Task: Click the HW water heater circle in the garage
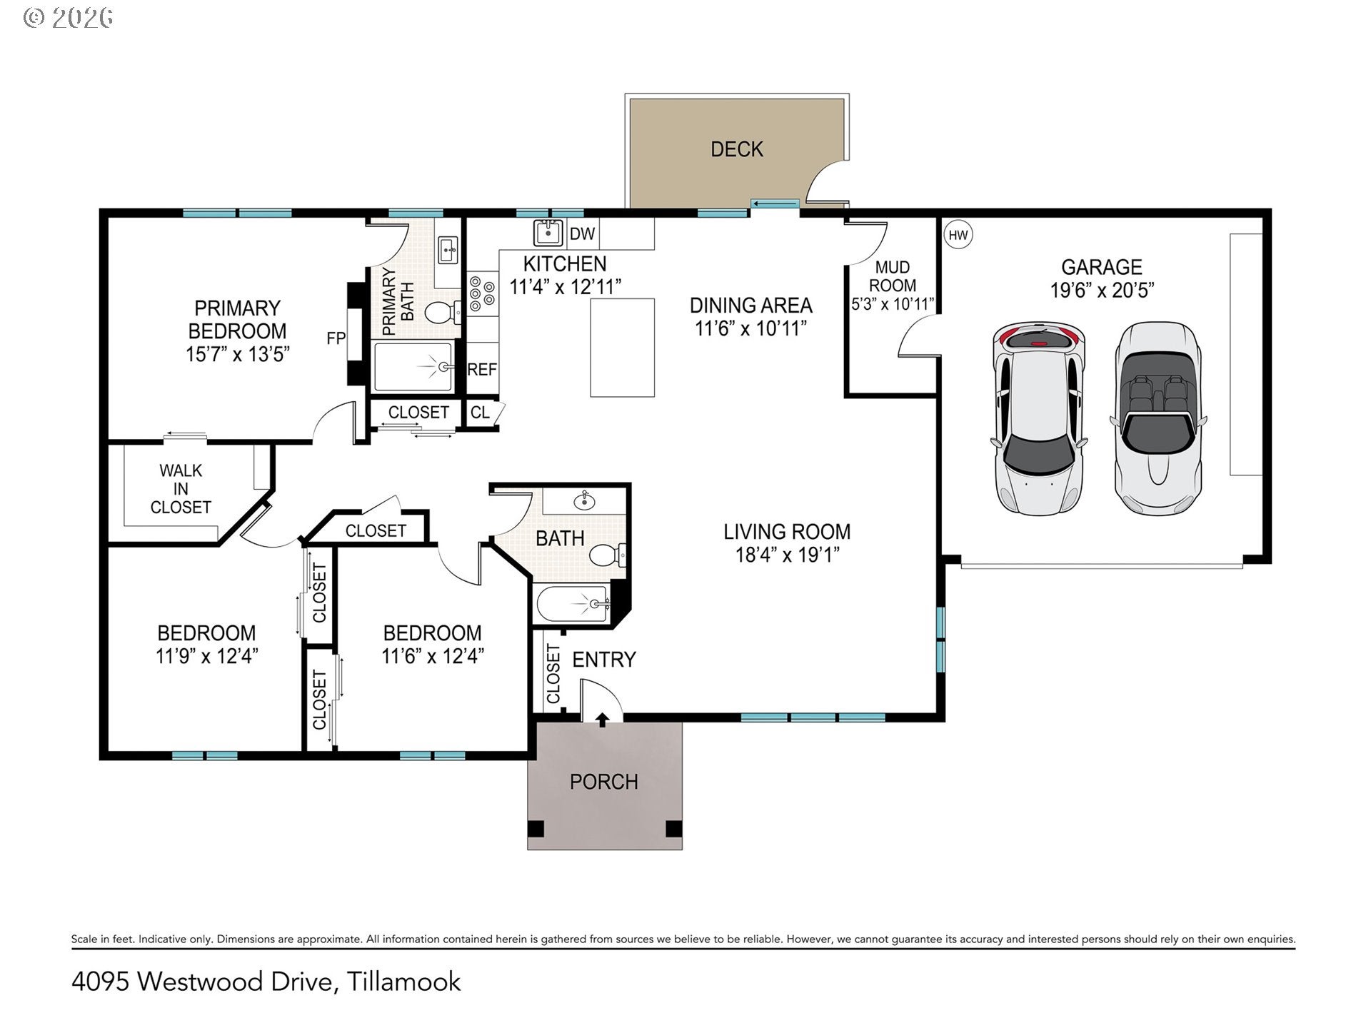(x=958, y=235)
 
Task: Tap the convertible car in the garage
(x=1157, y=418)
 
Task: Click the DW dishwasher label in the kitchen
(x=583, y=233)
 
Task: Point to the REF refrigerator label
(x=482, y=369)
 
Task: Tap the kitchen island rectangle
(x=623, y=347)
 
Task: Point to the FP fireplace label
(x=336, y=338)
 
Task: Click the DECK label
(x=737, y=149)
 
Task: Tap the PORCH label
(x=604, y=782)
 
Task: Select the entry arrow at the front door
(x=603, y=719)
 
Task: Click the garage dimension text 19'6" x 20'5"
(x=1102, y=290)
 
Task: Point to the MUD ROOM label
(x=893, y=276)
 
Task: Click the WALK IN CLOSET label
(x=181, y=489)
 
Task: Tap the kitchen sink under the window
(x=548, y=233)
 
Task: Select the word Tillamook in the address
(x=404, y=982)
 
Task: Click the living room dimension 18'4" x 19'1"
(x=788, y=555)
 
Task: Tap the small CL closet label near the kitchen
(x=480, y=413)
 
